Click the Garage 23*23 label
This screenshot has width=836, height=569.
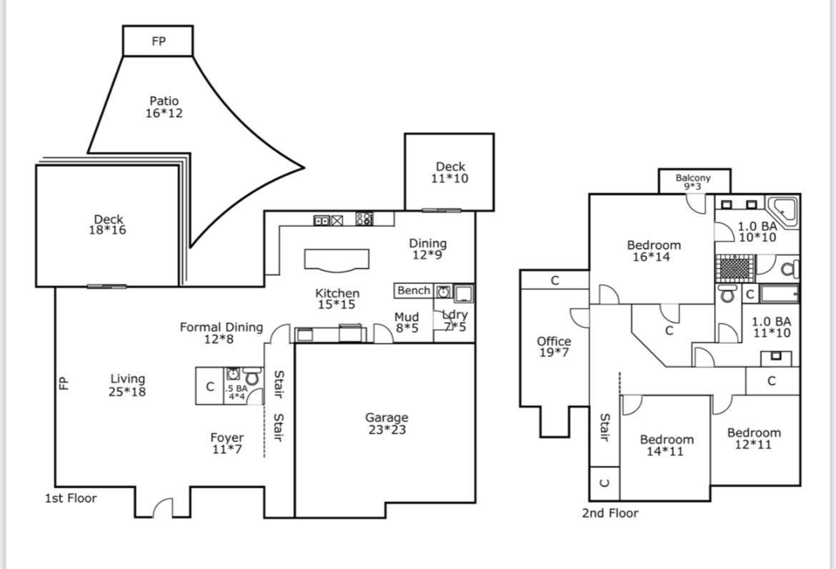click(387, 423)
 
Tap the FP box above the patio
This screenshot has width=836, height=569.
click(158, 41)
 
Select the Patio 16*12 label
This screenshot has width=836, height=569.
click(164, 107)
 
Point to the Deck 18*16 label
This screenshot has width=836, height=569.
click(108, 225)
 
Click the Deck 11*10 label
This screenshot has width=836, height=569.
click(449, 173)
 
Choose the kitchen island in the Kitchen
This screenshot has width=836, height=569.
click(337, 260)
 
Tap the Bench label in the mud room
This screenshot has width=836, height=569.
click(414, 291)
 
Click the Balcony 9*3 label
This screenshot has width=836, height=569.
click(694, 182)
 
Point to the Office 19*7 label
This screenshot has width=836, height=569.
click(554, 347)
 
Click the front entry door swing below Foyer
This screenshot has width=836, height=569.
click(164, 508)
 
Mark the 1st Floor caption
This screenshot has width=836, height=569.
click(71, 498)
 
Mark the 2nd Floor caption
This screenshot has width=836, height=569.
click(609, 513)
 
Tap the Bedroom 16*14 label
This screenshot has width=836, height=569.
click(653, 251)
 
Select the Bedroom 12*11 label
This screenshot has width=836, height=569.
click(754, 438)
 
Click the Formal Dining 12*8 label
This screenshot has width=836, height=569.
click(221, 333)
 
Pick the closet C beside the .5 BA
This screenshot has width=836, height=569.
click(209, 387)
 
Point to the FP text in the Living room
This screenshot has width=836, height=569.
click(64, 383)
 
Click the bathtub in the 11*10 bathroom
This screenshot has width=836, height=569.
click(779, 294)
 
